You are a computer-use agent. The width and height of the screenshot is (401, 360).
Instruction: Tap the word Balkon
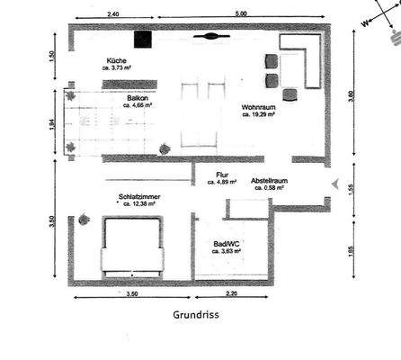pyautogui.click(x=138, y=96)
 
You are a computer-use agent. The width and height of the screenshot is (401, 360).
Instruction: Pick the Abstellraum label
pyautogui.click(x=269, y=180)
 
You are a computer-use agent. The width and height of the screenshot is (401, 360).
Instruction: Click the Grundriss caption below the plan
pyautogui.click(x=196, y=316)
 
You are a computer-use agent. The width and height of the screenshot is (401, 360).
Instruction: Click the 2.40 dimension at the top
pyautogui.click(x=113, y=14)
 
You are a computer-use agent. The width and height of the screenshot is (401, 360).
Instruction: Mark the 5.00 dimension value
pyautogui.click(x=242, y=14)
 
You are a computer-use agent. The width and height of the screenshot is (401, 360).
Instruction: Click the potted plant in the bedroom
pyautogui.click(x=83, y=216)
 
